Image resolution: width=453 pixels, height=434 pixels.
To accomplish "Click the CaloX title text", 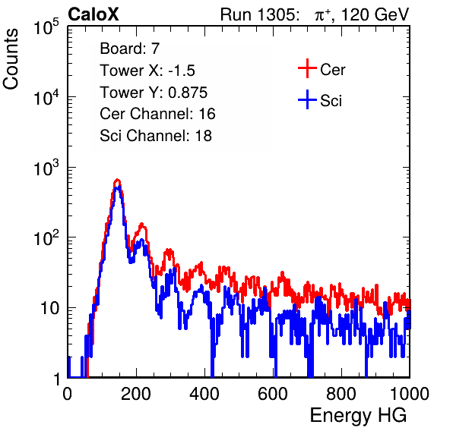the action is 93,14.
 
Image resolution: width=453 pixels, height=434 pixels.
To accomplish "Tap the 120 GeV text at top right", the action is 375,14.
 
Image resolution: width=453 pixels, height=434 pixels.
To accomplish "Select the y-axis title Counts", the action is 11,59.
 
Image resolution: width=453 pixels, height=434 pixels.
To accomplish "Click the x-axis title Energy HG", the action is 358,415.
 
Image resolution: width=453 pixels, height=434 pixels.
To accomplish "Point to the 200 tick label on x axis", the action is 136,394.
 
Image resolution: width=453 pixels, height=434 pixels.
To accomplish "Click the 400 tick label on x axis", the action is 204,394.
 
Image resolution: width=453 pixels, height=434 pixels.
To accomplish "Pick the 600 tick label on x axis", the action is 273,394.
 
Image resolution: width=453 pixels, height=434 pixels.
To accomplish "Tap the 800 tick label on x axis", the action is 341,394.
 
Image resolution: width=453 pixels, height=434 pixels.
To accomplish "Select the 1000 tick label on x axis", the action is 410,394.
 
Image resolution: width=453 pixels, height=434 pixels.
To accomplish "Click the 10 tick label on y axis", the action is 50,308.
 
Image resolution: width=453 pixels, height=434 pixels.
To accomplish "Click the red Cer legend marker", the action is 307,68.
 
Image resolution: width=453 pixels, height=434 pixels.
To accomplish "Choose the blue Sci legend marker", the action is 307,100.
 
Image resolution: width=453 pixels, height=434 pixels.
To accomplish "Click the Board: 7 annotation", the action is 130,49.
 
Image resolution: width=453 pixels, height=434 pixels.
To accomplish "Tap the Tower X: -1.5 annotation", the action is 147,71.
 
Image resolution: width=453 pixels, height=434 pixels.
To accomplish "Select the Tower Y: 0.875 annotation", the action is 154,93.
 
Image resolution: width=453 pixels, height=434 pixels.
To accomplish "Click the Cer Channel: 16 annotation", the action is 157,114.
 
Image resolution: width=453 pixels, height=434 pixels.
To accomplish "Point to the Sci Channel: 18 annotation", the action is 156,136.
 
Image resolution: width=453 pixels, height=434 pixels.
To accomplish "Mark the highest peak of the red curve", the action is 117,180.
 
